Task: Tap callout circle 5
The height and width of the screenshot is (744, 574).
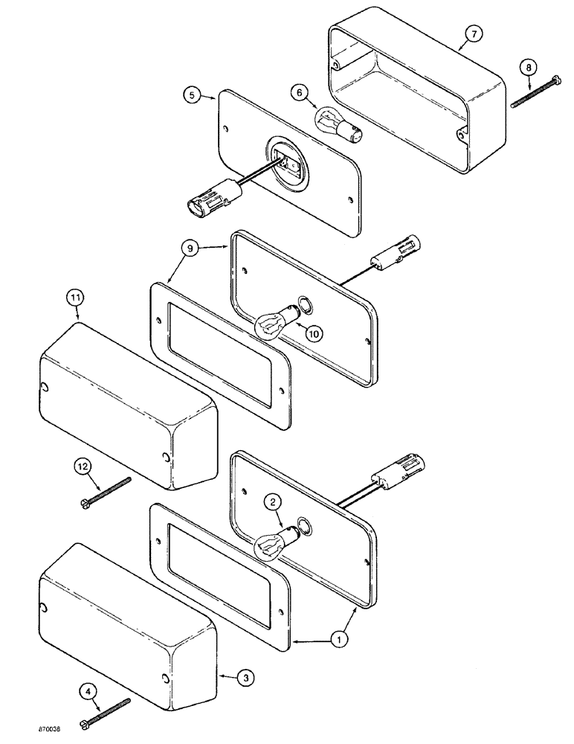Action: pos(192,95)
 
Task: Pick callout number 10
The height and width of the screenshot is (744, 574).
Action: pos(314,334)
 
